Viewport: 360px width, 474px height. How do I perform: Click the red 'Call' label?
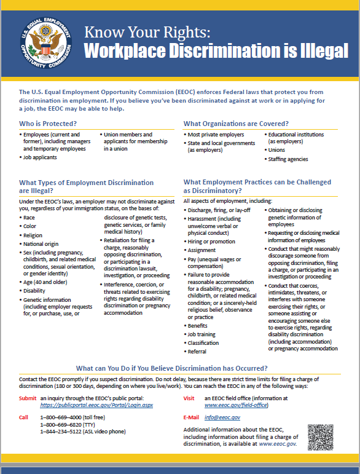click(24, 418)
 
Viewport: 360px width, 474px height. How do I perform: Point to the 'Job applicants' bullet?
click(41, 157)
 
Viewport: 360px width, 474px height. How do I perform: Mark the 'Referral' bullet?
click(197, 352)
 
